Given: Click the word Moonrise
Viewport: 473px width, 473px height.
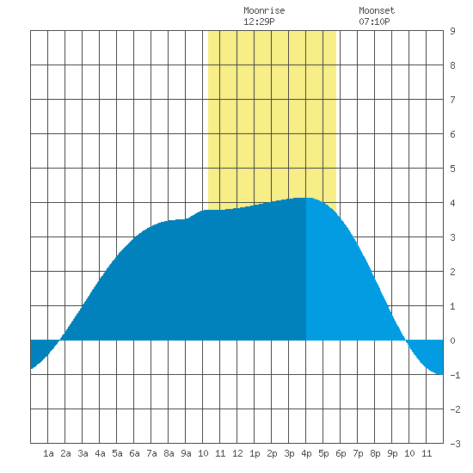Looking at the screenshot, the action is coord(264,11).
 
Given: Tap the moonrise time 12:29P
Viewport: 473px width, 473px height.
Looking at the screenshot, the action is coord(259,21).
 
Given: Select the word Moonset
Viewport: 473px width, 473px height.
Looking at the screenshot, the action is coord(377,11).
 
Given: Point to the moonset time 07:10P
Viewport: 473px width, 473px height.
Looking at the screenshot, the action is coord(374,21).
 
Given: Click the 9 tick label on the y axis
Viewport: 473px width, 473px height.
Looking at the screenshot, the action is coord(452,31).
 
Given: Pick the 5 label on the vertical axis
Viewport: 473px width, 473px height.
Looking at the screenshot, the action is coord(452,169).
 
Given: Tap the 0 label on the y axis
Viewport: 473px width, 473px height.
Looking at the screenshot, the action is coord(452,341).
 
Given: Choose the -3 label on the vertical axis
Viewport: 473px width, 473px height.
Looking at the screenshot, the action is coord(455,444).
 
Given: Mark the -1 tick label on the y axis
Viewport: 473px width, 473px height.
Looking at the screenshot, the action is coord(455,375).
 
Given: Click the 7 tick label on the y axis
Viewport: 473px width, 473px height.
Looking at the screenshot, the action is coord(452,100).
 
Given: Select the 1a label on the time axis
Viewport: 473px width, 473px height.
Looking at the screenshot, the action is coord(48,453).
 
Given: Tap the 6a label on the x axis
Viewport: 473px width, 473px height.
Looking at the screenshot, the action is coord(134,453).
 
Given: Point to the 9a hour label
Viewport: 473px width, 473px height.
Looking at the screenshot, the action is coord(186,453).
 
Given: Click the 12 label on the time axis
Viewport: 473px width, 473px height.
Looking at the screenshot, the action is coord(237,453).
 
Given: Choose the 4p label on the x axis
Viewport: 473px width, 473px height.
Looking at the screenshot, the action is coord(306,453).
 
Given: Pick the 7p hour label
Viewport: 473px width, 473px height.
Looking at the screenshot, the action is coord(358,453).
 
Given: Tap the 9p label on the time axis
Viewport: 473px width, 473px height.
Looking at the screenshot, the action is coord(392,453).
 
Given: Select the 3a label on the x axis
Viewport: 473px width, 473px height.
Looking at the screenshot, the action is coord(83,453).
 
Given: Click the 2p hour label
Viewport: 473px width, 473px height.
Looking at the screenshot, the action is coord(272,453).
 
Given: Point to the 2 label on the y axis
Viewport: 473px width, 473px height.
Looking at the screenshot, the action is coord(452,272).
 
